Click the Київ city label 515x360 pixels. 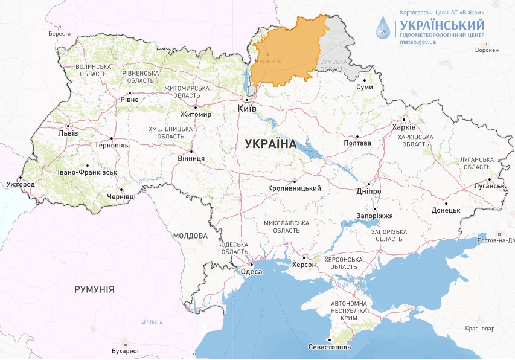click(x=248, y=108)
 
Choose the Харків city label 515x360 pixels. click(x=404, y=127)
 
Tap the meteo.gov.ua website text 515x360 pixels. click(x=418, y=43)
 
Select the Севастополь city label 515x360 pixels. click(x=329, y=347)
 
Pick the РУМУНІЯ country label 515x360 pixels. click(x=94, y=289)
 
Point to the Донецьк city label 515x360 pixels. click(x=446, y=210)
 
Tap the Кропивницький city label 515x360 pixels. click(x=294, y=188)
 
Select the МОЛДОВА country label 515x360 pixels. click(x=190, y=236)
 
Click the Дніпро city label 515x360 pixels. click(x=369, y=191)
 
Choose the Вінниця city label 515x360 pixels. click(x=191, y=159)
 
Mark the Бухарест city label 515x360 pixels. click(x=126, y=350)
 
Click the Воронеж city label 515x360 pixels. click(x=487, y=50)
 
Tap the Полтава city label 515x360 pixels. click(x=357, y=143)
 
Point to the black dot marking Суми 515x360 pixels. click(x=365, y=79)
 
